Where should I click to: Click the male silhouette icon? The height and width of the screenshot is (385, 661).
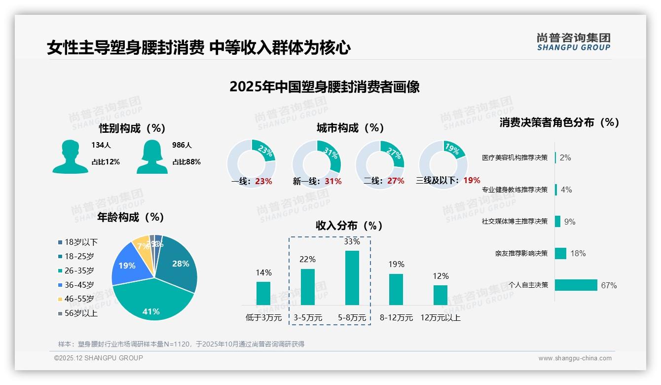tap(70, 156)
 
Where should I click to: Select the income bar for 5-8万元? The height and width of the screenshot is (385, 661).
tap(352, 277)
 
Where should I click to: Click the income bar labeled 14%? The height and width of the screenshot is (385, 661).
tap(263, 293)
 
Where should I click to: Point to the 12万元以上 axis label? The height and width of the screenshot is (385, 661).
tap(440, 318)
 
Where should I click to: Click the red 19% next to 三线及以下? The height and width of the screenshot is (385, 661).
tap(472, 181)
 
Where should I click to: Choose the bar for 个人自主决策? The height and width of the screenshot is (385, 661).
tap(576, 285)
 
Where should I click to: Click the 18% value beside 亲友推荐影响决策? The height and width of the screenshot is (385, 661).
tap(578, 253)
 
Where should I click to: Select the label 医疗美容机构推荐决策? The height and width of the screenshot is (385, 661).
tap(514, 158)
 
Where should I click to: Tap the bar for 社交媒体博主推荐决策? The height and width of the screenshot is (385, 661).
tap(558, 221)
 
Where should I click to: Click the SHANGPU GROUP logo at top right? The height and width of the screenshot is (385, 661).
tap(573, 42)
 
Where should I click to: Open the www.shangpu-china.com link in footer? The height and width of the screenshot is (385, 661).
tap(575, 358)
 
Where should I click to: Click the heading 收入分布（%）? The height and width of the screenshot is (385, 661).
tap(350, 226)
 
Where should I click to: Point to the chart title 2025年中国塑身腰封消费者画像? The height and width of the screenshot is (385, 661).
tap(324, 87)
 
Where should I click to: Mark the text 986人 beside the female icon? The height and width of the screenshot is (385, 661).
tap(182, 145)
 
